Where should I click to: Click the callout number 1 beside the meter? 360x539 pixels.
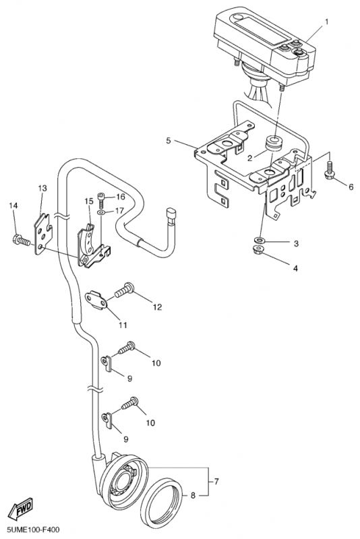tap(327, 22)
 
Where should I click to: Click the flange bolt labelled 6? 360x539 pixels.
tap(329, 171)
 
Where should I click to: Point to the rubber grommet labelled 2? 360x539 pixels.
tap(274, 143)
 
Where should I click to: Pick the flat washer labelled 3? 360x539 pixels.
tap(259, 240)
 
